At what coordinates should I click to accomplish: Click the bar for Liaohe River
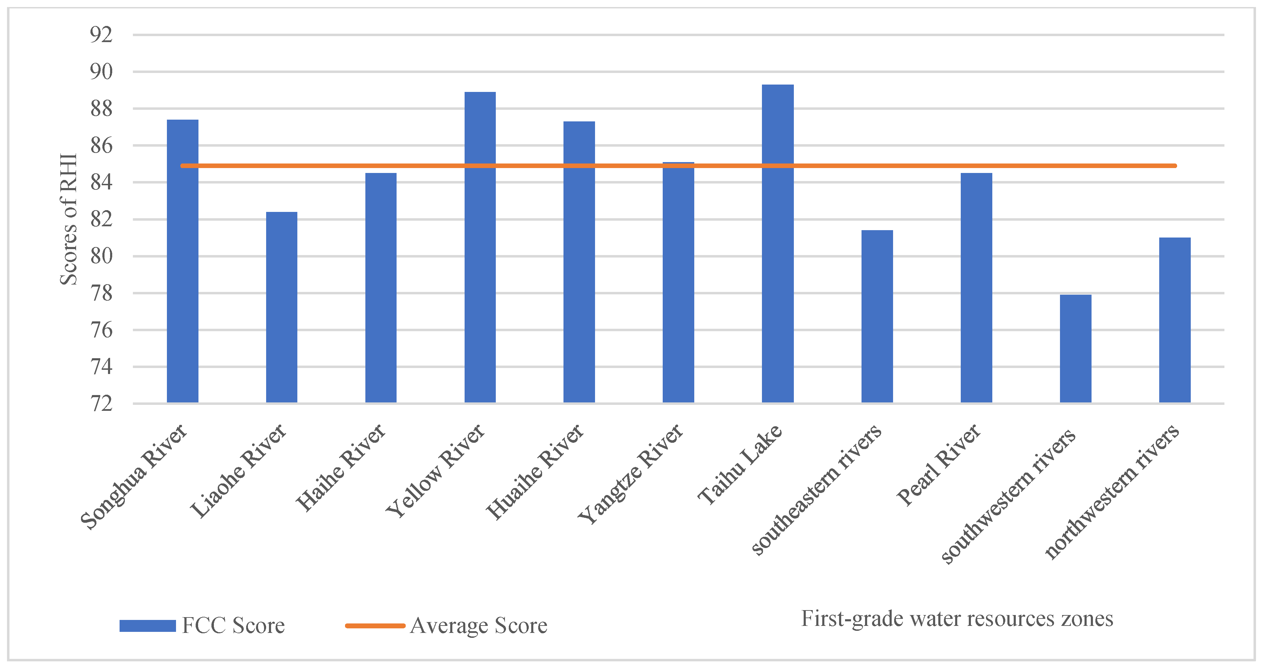[x=282, y=307]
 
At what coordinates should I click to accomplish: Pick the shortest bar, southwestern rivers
[x=1075, y=348]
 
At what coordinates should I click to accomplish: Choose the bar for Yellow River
[x=480, y=247]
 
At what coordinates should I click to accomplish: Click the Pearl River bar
[x=976, y=287]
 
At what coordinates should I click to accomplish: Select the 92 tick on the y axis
[x=101, y=35]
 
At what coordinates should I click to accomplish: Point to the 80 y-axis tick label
[x=101, y=256]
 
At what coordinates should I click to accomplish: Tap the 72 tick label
[x=101, y=404]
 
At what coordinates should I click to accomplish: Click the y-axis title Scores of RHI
[x=69, y=219]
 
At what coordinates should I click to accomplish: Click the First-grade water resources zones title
[x=957, y=619]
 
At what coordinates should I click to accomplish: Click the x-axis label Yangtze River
[x=630, y=473]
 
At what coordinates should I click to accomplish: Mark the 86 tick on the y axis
[x=101, y=146]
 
